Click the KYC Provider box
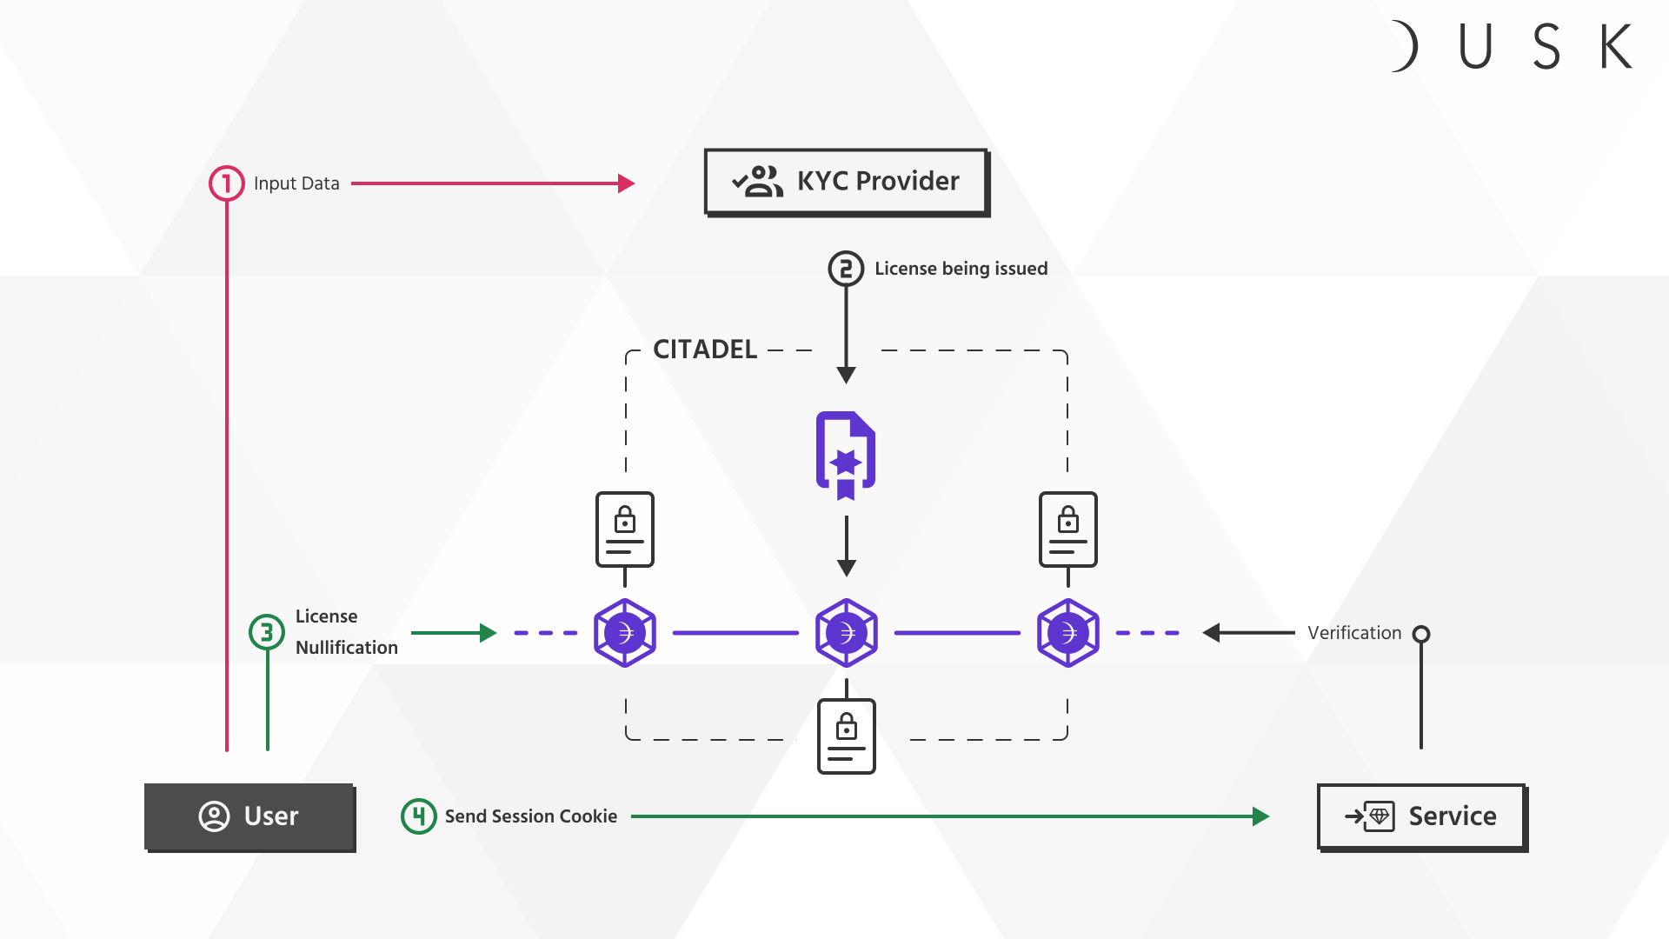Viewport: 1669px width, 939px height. coord(846,182)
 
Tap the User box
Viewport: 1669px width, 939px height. coord(249,816)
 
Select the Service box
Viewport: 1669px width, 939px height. coord(1421,816)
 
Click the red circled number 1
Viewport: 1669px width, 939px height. coord(227,183)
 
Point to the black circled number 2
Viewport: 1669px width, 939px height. coord(846,269)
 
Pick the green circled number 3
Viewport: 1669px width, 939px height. coord(267,632)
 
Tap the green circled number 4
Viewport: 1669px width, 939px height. coord(419,816)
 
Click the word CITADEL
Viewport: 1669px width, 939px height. coord(705,350)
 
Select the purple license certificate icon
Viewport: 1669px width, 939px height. coord(846,455)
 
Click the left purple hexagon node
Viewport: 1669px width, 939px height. coord(625,633)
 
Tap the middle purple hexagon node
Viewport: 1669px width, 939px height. coord(847,633)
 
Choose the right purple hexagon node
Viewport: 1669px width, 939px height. coord(1068,633)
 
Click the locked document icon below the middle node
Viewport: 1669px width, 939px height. coord(847,736)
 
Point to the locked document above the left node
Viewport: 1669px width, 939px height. coord(625,529)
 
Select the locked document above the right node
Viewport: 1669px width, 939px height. coord(1068,529)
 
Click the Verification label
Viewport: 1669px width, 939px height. coord(1354,633)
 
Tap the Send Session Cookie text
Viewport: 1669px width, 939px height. coord(531,816)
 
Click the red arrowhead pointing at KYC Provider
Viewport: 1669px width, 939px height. coord(627,183)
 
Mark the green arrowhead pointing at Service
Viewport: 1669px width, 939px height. coord(1260,816)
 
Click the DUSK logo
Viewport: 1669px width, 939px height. coord(1513,46)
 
